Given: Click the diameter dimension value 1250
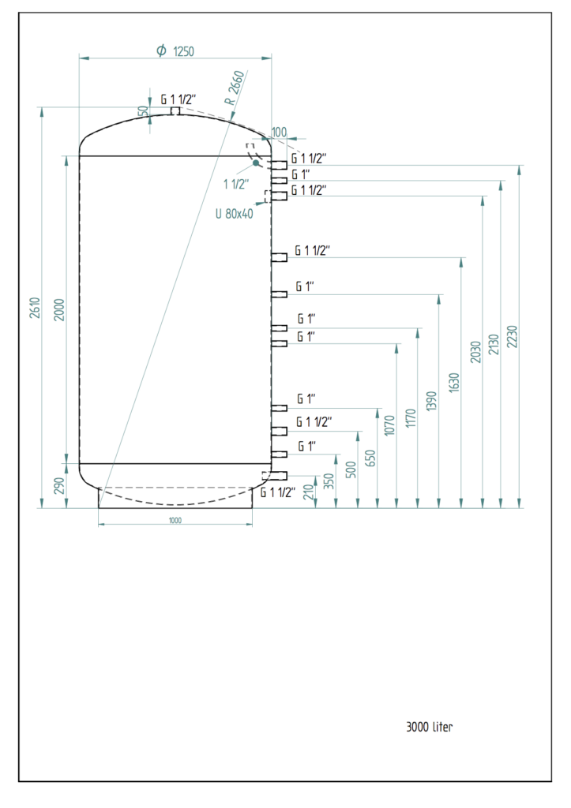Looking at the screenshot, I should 183,51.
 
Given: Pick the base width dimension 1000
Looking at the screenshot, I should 175,520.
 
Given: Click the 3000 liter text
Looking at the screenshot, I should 430,727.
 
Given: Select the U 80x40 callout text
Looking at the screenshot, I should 235,213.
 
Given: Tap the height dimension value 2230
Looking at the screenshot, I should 513,338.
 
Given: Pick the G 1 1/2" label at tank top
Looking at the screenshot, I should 178,100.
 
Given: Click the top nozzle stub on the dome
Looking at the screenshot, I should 176,111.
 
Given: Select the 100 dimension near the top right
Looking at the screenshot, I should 279,131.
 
